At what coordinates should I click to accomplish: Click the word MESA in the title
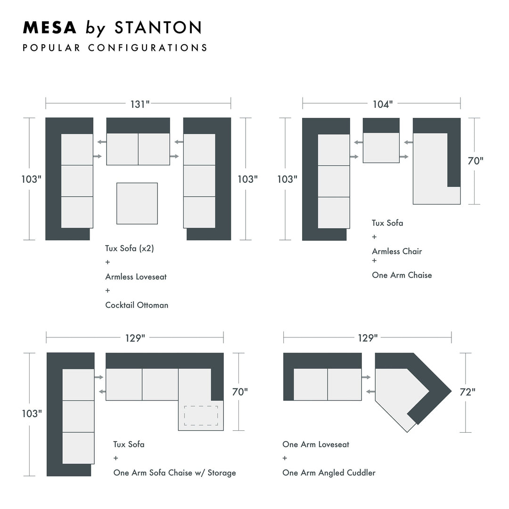click(x=49, y=28)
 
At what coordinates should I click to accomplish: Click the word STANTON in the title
click(x=158, y=28)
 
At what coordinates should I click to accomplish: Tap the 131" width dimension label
click(x=140, y=104)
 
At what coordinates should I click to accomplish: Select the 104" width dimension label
click(x=382, y=104)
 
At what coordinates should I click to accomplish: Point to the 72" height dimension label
click(x=467, y=392)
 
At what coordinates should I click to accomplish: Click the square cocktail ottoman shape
click(x=137, y=203)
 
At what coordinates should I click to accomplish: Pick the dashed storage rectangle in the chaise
click(x=201, y=415)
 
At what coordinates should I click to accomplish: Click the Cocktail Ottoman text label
click(x=137, y=305)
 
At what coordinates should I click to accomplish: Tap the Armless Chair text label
click(x=397, y=251)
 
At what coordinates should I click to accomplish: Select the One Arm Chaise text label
click(x=402, y=275)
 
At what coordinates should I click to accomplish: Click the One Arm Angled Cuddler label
click(x=329, y=473)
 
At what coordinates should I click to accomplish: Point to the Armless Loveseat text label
click(x=136, y=277)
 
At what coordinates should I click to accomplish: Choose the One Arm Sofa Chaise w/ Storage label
click(x=174, y=473)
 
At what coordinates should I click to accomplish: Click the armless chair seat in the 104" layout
click(x=381, y=148)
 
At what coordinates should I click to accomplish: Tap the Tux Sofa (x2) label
click(x=130, y=248)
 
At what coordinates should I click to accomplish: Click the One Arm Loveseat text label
click(x=316, y=444)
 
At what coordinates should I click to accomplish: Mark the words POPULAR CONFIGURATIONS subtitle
click(x=115, y=48)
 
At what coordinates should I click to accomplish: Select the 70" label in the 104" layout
click(x=475, y=161)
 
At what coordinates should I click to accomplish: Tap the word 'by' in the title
click(x=96, y=28)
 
